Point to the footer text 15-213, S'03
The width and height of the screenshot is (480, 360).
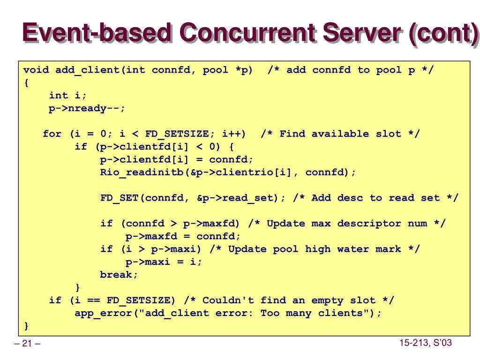click(x=425, y=343)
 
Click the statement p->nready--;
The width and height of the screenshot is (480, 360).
click(x=87, y=108)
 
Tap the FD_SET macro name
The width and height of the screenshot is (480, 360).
click(x=119, y=198)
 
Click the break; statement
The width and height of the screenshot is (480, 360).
click(x=119, y=275)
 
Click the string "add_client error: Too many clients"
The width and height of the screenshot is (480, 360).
click(x=254, y=313)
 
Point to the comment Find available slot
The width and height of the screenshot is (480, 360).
click(x=340, y=134)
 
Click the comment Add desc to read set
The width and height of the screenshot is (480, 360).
click(x=375, y=198)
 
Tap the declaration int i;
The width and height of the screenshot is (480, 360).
click(x=68, y=96)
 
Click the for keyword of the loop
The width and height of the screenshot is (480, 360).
click(x=52, y=134)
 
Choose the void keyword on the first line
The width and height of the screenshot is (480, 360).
click(x=36, y=70)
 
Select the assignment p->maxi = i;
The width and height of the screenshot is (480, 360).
click(x=164, y=262)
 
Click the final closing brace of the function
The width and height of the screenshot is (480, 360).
click(x=26, y=325)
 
